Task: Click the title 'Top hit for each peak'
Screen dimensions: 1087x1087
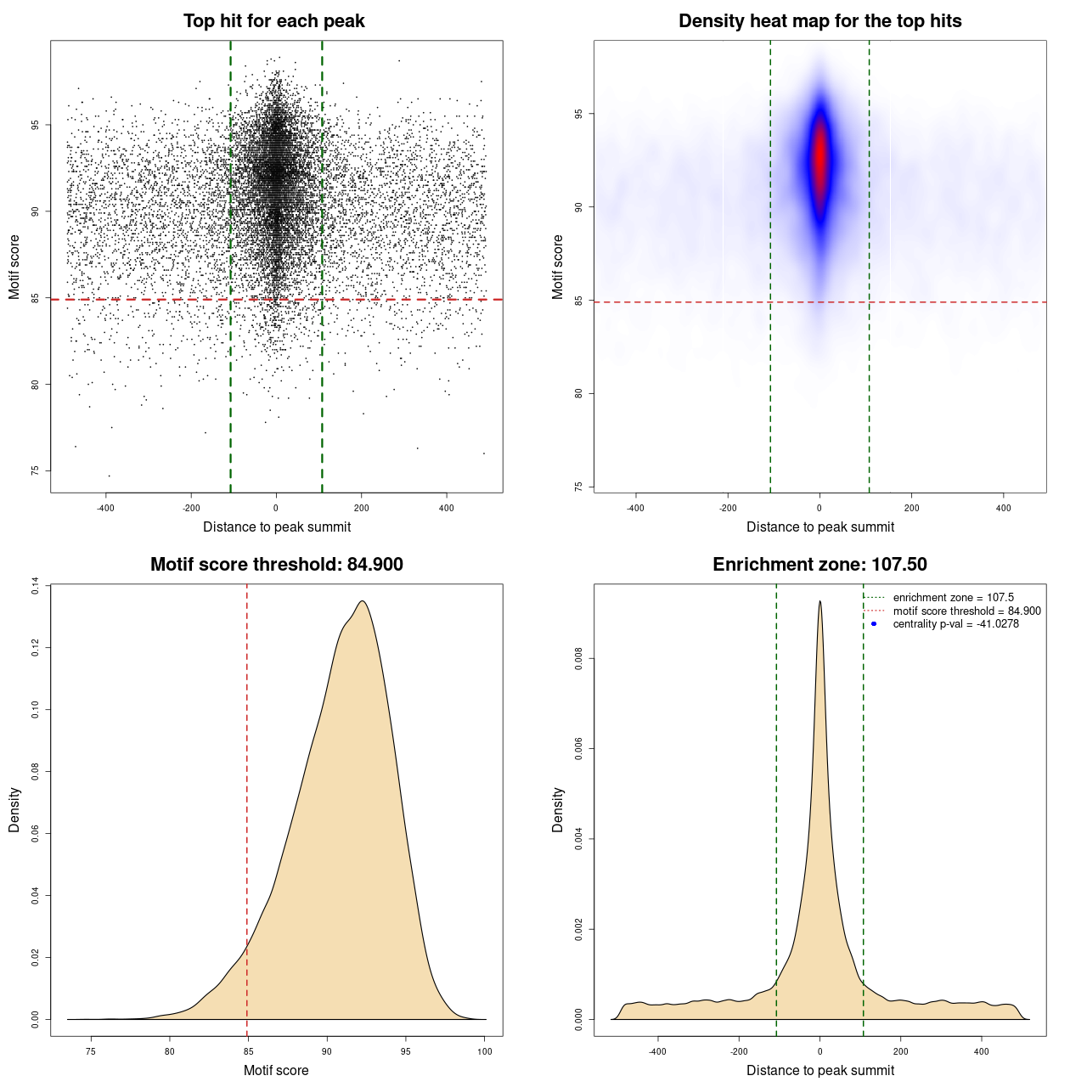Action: pyautogui.click(x=274, y=21)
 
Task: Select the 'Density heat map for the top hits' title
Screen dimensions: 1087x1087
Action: pyautogui.click(x=819, y=21)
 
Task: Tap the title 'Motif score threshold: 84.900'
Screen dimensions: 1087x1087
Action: pyautogui.click(x=276, y=565)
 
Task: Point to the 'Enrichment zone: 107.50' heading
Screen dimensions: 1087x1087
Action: pyautogui.click(x=819, y=565)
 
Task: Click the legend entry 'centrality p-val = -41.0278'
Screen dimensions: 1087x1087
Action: pyautogui.click(x=955, y=624)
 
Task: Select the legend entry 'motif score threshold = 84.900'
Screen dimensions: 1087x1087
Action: pyautogui.click(x=966, y=611)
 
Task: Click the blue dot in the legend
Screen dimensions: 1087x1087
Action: pyautogui.click(x=874, y=624)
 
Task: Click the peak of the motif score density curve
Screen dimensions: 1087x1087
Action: pyautogui.click(x=363, y=601)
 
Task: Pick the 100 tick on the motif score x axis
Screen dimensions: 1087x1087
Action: pyautogui.click(x=485, y=1051)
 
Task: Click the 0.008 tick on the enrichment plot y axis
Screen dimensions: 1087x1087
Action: pyautogui.click(x=578, y=658)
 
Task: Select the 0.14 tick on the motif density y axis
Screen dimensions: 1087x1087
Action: pyautogui.click(x=35, y=586)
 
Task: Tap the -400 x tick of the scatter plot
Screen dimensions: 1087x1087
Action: pyautogui.click(x=105, y=508)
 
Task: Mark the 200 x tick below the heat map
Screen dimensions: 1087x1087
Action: pyautogui.click(x=911, y=508)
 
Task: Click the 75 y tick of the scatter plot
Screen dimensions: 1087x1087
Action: pyautogui.click(x=35, y=470)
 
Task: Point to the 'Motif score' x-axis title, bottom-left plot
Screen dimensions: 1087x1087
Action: pyautogui.click(x=276, y=1070)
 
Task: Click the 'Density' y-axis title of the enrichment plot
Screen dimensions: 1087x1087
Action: pyautogui.click(x=558, y=810)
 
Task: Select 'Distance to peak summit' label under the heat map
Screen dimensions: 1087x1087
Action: pyautogui.click(x=819, y=527)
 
